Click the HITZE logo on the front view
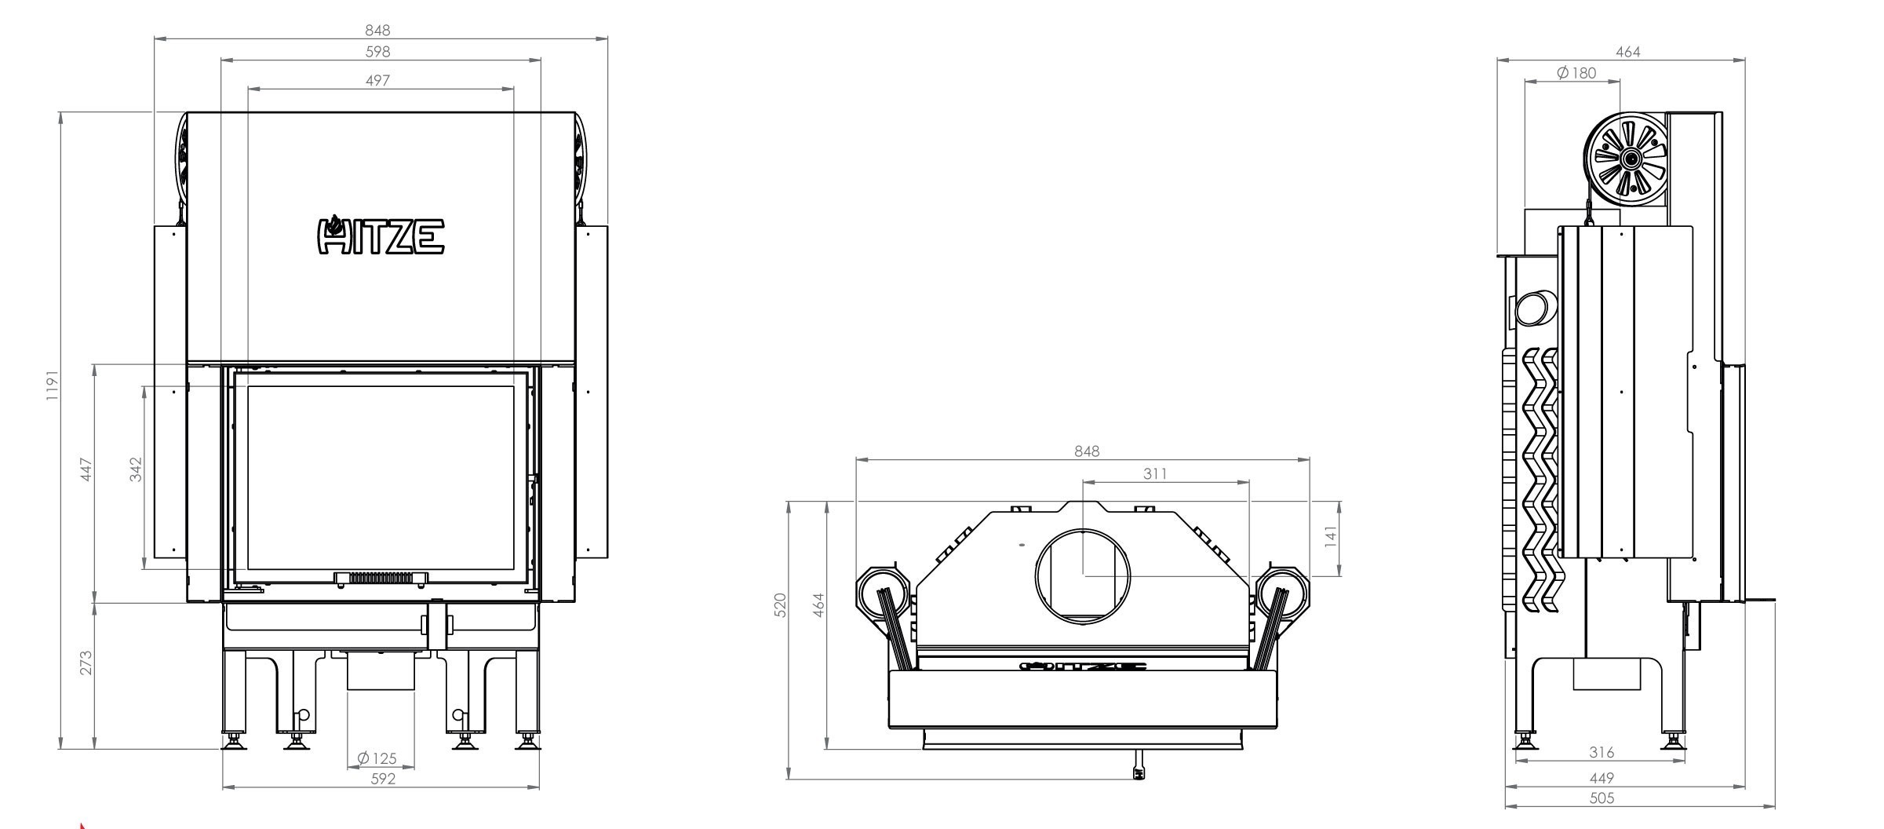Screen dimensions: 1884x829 [381, 236]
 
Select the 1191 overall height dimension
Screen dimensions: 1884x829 [52, 386]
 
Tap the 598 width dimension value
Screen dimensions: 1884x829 [377, 51]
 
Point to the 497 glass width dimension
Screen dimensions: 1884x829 [377, 80]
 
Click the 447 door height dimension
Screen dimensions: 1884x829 [86, 470]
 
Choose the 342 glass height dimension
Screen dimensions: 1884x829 [136, 469]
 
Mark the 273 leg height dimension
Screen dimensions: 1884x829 [86, 662]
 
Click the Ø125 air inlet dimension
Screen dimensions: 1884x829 [377, 758]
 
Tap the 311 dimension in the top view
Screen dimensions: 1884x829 [1155, 473]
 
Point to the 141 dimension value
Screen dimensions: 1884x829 [1329, 538]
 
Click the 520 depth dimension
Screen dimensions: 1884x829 [779, 605]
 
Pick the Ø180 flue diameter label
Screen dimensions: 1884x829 [1576, 72]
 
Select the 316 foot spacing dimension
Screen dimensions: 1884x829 [1602, 752]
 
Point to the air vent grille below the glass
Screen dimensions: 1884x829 [381, 579]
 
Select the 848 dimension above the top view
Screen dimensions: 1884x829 [1087, 451]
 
